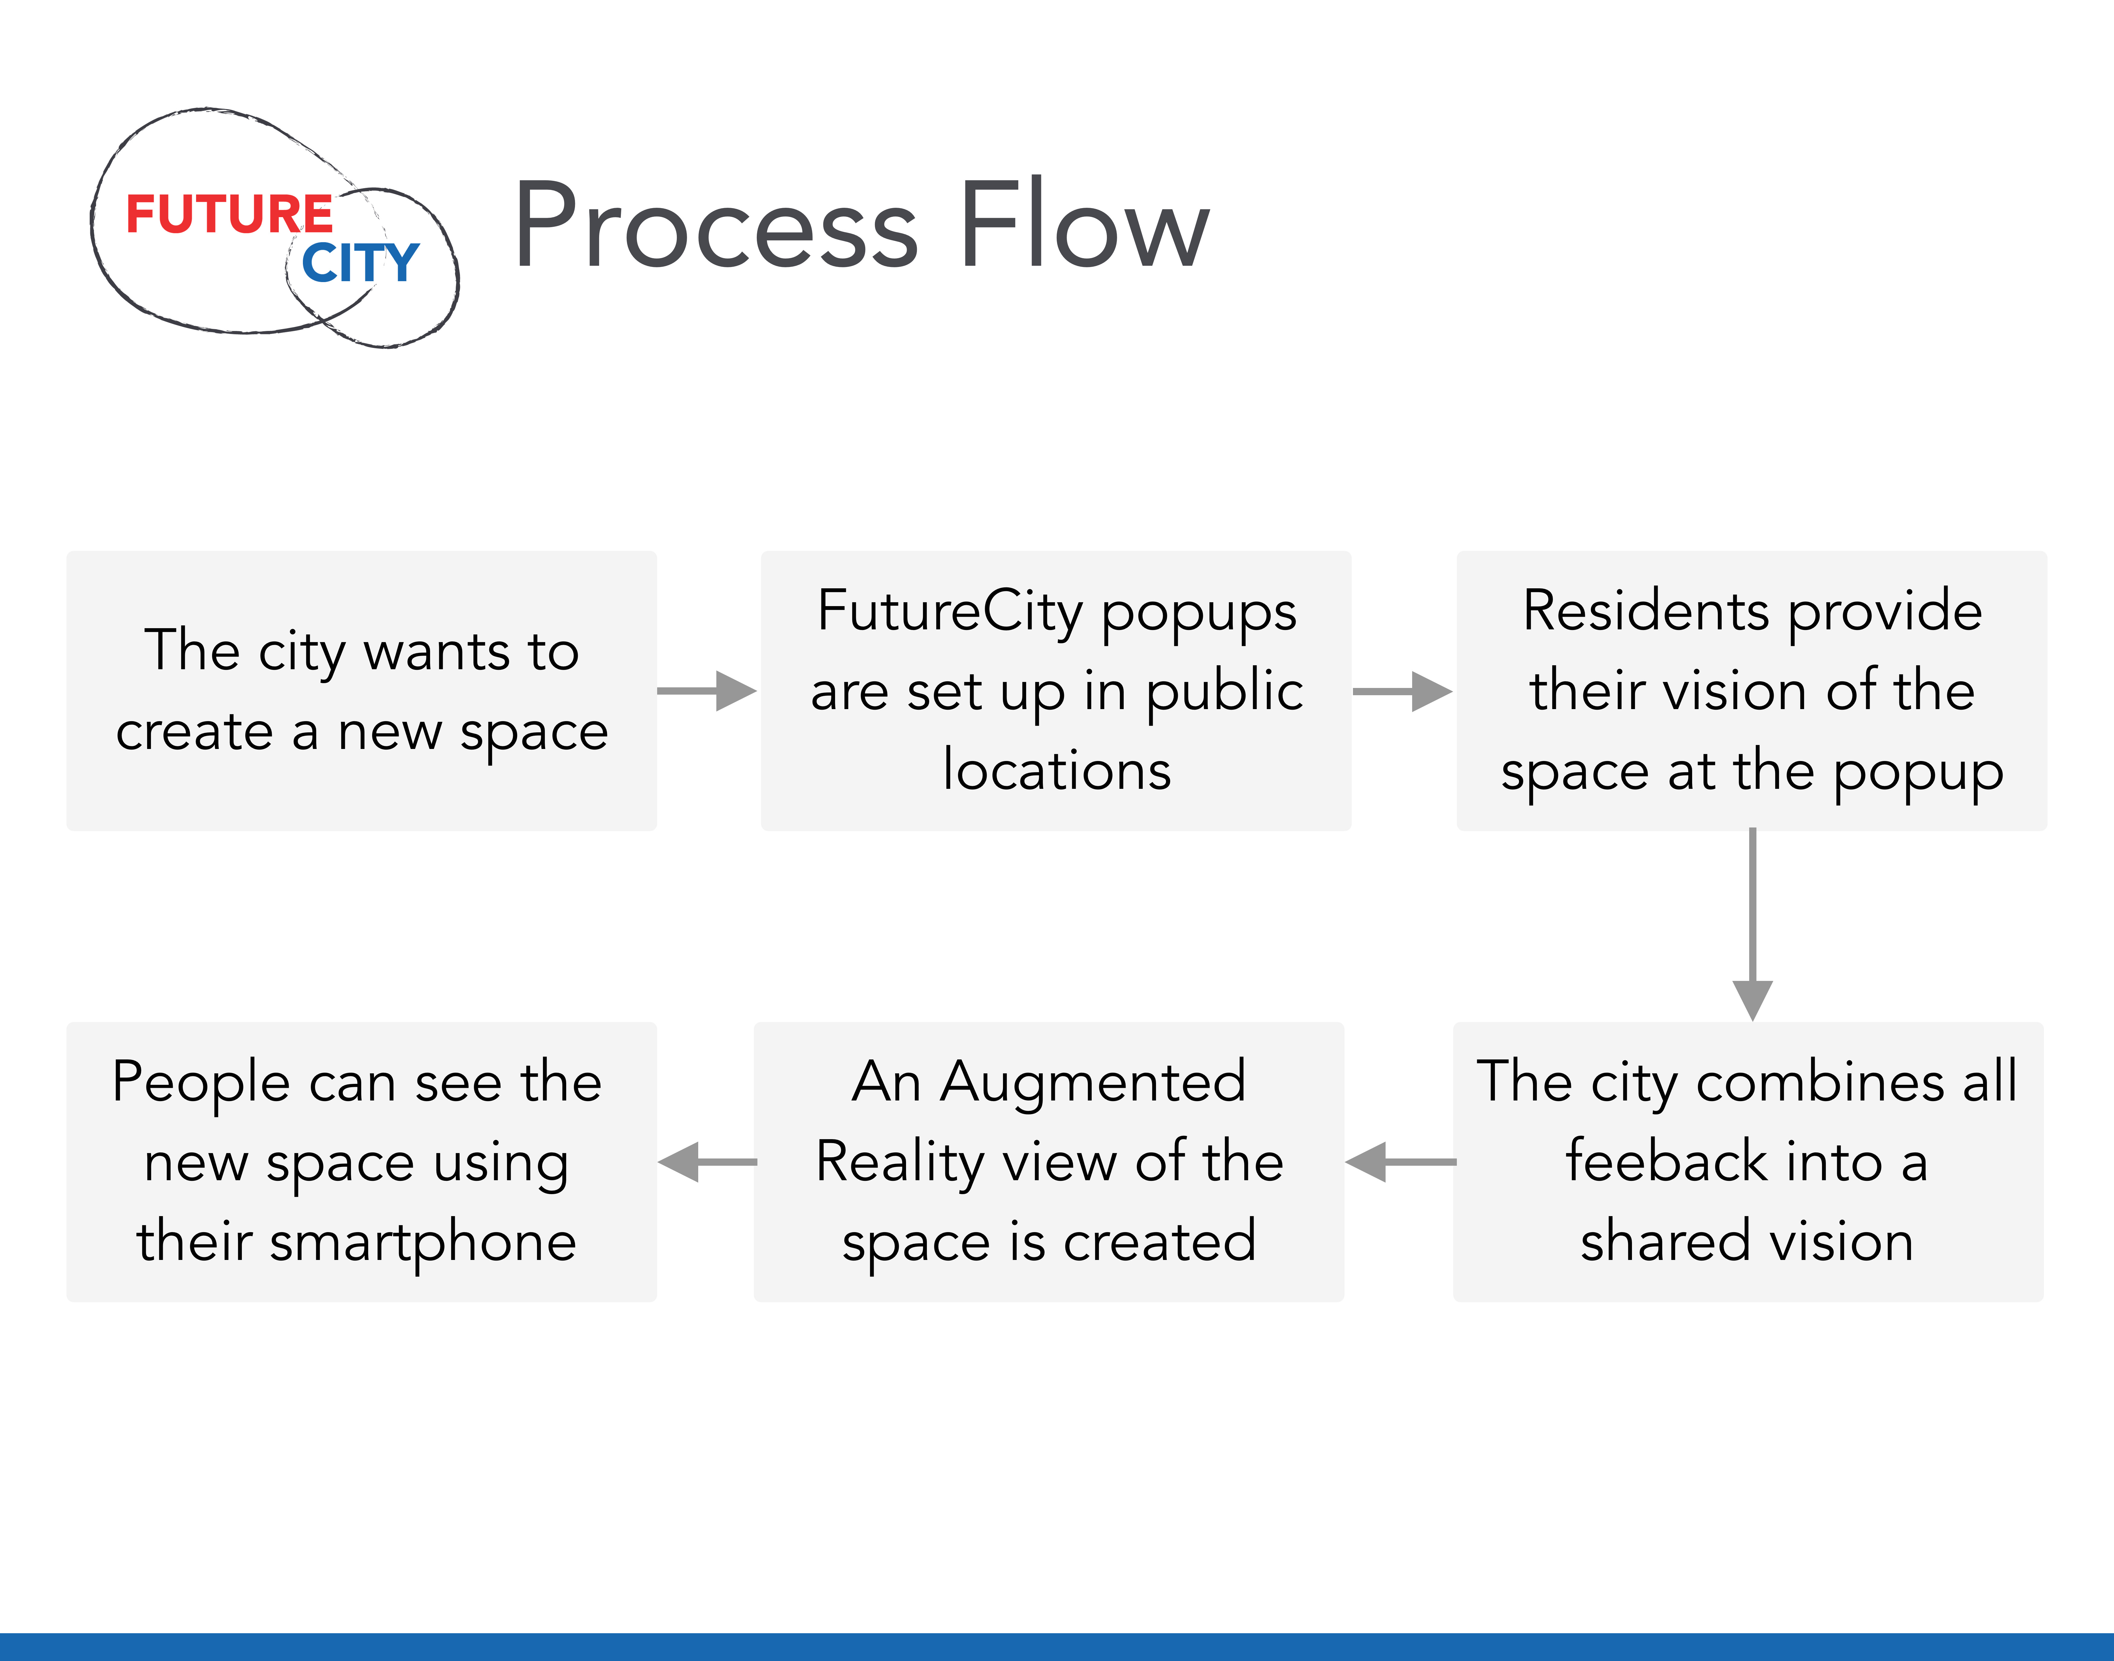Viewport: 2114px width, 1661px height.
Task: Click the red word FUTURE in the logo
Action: [230, 214]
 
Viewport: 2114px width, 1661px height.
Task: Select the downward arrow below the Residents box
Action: [1752, 924]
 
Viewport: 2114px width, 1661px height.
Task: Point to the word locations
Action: [1057, 770]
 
